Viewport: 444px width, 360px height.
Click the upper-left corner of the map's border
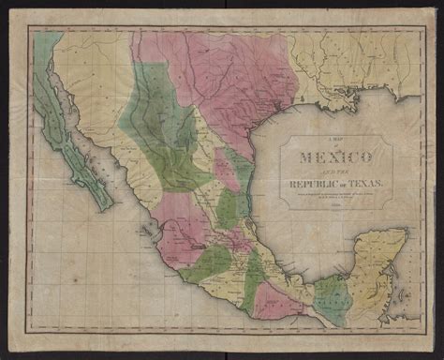coord(28,28)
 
